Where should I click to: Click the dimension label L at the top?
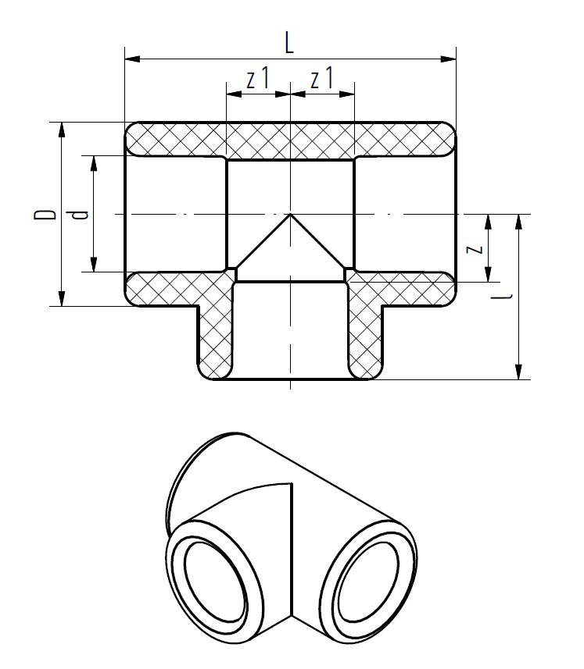(289, 44)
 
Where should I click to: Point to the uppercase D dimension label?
(48, 213)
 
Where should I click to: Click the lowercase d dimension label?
(79, 213)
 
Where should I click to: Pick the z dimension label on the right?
(475, 248)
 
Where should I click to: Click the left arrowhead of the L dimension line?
(130, 58)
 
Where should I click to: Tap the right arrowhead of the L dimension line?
(451, 58)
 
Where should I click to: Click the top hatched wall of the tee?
(289, 139)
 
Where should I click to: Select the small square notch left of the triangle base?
(231, 272)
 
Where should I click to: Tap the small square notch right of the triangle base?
(349, 272)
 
